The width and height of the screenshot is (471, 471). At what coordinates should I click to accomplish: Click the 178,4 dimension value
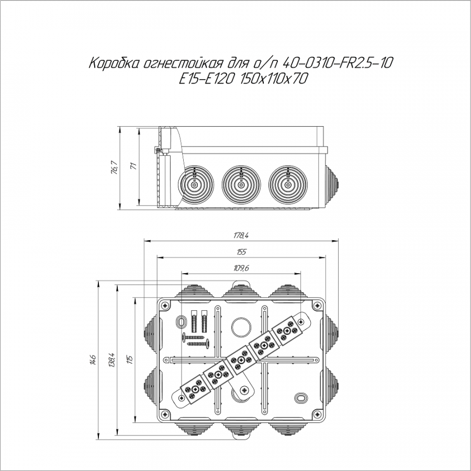click(241, 235)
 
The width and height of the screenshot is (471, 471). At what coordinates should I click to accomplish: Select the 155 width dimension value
click(241, 252)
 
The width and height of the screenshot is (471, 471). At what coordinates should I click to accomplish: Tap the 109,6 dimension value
click(241, 268)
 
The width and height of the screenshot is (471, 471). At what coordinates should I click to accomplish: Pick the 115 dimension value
click(130, 360)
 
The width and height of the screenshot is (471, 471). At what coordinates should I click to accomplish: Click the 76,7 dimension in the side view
click(115, 167)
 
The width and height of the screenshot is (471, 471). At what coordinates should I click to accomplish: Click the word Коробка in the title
click(115, 63)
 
